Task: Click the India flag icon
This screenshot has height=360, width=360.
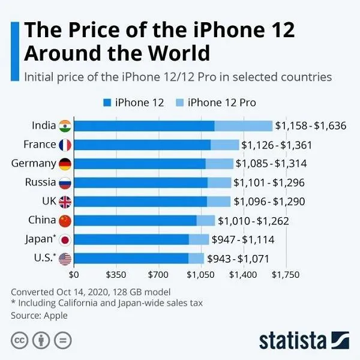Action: (x=65, y=125)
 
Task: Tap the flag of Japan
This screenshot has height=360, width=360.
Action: (x=65, y=240)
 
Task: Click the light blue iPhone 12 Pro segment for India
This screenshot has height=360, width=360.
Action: (x=243, y=125)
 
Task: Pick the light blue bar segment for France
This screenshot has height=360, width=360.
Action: (x=224, y=145)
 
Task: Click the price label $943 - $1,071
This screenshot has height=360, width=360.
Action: (x=238, y=259)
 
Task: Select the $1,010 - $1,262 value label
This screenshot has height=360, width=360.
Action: (x=253, y=221)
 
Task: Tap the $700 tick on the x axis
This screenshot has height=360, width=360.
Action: (x=158, y=275)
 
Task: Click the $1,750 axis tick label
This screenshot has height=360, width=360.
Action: (x=286, y=275)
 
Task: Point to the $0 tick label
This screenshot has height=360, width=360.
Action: (x=74, y=275)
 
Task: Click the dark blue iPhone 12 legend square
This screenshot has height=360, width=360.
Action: (x=107, y=103)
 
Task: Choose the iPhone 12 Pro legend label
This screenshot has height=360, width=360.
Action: (x=221, y=103)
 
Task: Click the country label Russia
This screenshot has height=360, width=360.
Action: (x=41, y=182)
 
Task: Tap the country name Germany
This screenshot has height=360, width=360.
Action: (x=34, y=163)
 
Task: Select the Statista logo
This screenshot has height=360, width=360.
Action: (x=303, y=339)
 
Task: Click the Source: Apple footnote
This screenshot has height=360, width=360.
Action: (x=39, y=315)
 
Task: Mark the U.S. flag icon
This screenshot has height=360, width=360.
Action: (x=65, y=259)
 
